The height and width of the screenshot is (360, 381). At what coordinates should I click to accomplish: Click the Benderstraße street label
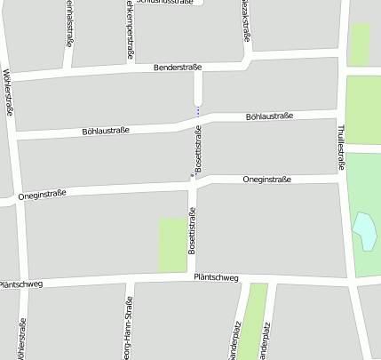pos(178,67)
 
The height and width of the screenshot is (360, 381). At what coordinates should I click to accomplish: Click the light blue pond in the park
pos(364,230)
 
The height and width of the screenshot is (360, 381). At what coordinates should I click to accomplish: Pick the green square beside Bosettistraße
pos(172,244)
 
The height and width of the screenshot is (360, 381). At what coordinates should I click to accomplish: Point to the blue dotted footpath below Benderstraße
pos(198,111)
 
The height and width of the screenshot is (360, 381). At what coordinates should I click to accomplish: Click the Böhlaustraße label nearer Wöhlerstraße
pos(106,131)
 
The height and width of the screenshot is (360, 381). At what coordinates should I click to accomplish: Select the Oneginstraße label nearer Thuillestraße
pos(268,180)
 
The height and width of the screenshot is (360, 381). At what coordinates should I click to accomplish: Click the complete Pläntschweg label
pos(217,278)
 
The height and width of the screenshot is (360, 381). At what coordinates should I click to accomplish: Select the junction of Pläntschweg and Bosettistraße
pos(192,279)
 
